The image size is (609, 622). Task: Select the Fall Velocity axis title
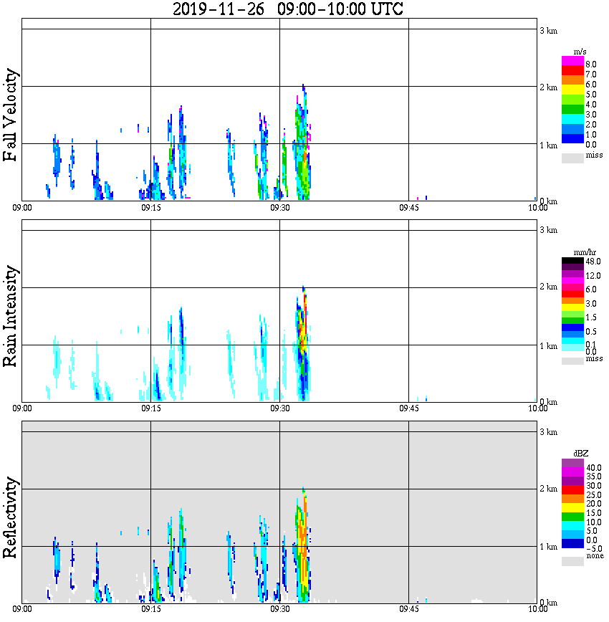(11, 115)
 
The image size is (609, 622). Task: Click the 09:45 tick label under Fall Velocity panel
(408, 208)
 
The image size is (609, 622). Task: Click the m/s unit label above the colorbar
(580, 52)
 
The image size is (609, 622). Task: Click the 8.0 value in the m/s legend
(591, 64)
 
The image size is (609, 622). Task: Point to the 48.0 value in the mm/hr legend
(593, 262)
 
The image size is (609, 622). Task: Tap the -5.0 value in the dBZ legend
(593, 548)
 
